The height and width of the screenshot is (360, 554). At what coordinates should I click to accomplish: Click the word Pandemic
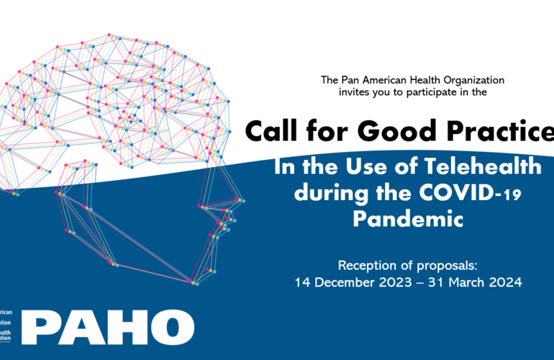click(x=407, y=219)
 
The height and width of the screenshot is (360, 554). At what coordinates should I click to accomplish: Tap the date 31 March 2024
click(x=476, y=282)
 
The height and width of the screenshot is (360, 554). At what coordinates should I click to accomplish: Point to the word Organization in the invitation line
click(x=471, y=80)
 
